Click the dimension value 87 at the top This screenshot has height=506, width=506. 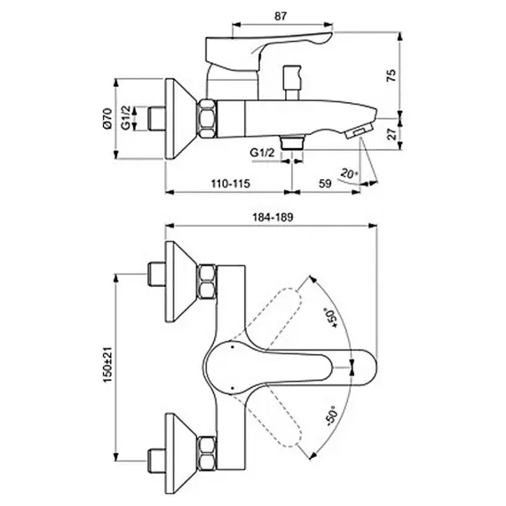pyautogui.click(x=281, y=16)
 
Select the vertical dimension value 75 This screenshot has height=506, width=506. pyautogui.click(x=391, y=75)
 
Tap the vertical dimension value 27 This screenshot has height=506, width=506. pyautogui.click(x=391, y=134)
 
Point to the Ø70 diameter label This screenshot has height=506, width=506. pyautogui.click(x=107, y=118)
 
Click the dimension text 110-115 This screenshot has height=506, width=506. pyautogui.click(x=231, y=184)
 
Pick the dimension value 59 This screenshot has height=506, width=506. pyautogui.click(x=325, y=184)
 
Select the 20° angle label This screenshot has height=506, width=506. pyautogui.click(x=349, y=174)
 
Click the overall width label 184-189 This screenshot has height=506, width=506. pyautogui.click(x=273, y=217)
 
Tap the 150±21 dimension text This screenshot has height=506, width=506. pyautogui.click(x=107, y=365)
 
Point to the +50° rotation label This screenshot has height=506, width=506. pyautogui.click(x=331, y=318)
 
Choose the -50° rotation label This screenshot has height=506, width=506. pyautogui.click(x=332, y=415)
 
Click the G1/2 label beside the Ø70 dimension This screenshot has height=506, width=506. pyautogui.click(x=126, y=118)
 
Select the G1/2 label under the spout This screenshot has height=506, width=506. pyautogui.click(x=263, y=153)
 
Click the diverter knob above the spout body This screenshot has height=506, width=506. pyautogui.click(x=291, y=83)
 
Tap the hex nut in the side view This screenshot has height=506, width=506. pyautogui.click(x=207, y=119)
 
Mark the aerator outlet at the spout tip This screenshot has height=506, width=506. pyautogui.click(x=359, y=132)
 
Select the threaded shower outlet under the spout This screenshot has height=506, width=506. pyautogui.click(x=292, y=143)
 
